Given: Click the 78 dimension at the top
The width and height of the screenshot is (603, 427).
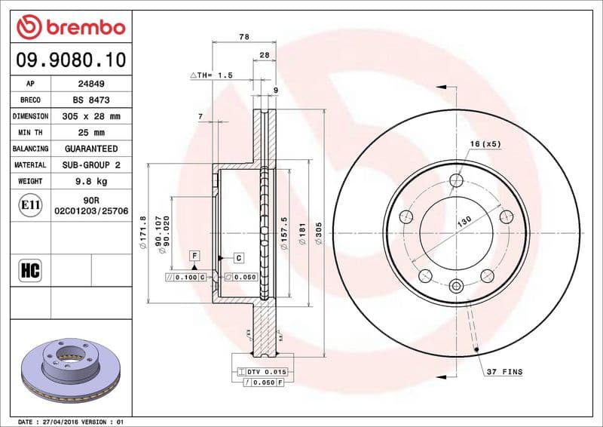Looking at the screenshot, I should point(243,36).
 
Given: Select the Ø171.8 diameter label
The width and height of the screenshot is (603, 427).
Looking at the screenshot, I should point(141,232).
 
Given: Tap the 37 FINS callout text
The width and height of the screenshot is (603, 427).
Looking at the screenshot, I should point(504,373).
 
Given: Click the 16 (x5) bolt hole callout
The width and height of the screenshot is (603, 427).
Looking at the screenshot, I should point(485,143).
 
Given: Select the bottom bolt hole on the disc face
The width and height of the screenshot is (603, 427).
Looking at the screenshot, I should point(456,286).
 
